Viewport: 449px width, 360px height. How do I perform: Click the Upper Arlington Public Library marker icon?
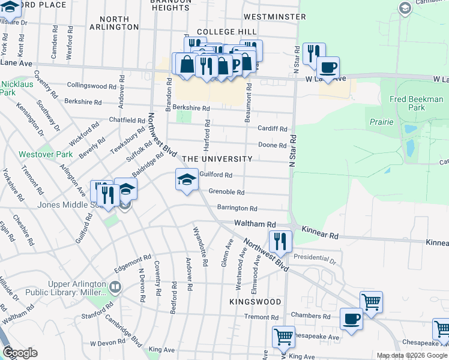pos(115,287)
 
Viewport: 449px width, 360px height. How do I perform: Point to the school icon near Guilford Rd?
pos(187,180)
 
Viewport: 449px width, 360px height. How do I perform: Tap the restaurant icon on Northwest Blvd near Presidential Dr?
pos(280,242)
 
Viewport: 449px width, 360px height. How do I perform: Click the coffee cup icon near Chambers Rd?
pos(351,319)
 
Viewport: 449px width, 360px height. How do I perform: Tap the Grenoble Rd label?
pos(226,193)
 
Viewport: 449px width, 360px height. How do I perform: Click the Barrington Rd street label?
pos(237,208)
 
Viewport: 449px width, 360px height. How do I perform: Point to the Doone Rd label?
pos(272,145)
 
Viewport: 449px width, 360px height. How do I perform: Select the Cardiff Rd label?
pos(273,128)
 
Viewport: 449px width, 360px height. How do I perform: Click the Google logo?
pos(20,353)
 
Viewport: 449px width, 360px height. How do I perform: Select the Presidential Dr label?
pos(316,260)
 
